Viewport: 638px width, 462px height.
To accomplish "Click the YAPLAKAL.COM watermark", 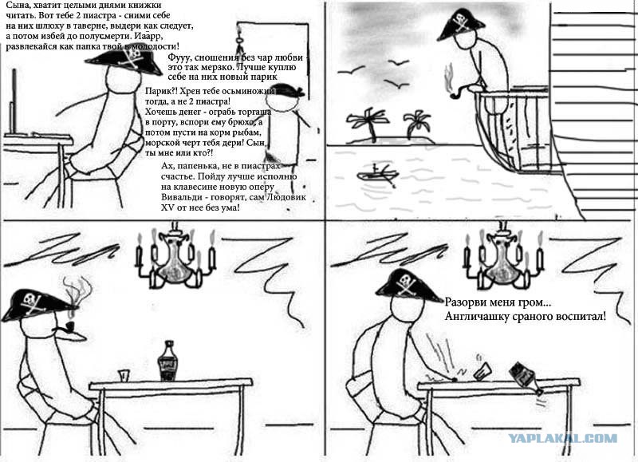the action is click(x=563, y=438).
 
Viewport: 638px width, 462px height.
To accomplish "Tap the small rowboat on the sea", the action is click(x=377, y=174).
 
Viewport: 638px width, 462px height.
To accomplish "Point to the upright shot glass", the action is click(x=124, y=375).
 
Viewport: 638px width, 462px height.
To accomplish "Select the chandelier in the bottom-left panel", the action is click(x=175, y=255).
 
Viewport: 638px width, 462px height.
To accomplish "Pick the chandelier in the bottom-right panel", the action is click(x=504, y=255).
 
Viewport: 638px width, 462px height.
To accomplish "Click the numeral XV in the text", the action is click(x=167, y=207).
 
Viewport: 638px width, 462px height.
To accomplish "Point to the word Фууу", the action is click(x=178, y=58).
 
